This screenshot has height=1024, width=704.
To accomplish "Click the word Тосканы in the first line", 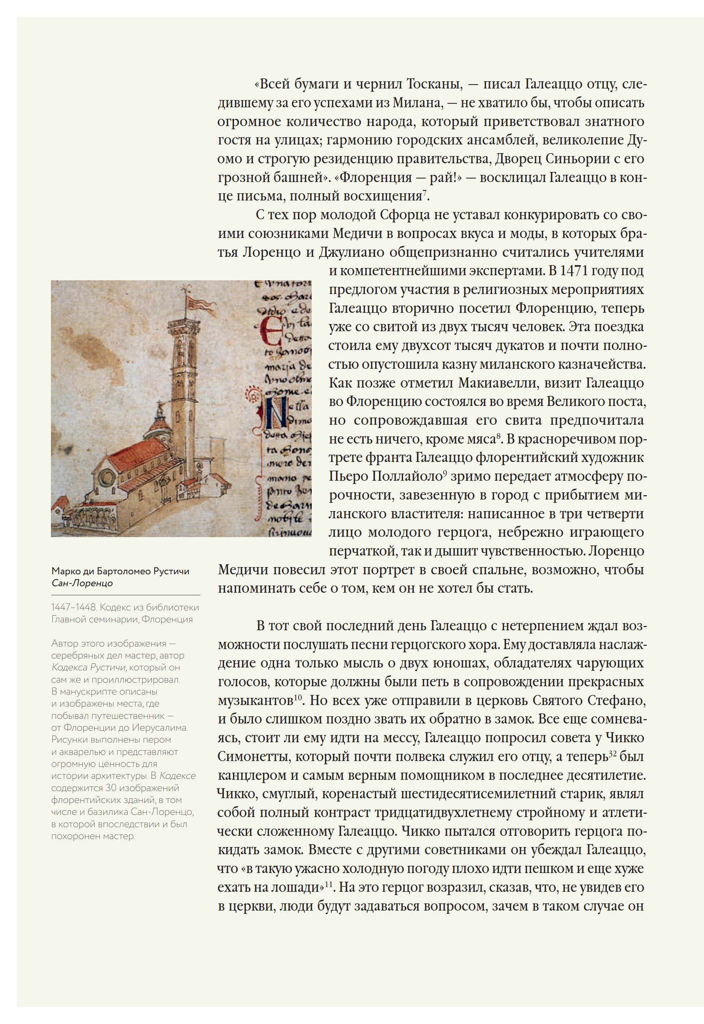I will pos(434,84).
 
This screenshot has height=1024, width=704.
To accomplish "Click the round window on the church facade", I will pos(106,476).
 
